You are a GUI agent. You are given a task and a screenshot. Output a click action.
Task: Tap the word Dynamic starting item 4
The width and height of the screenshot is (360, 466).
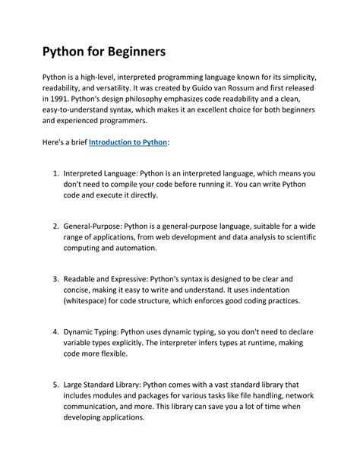click(x=82, y=332)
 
